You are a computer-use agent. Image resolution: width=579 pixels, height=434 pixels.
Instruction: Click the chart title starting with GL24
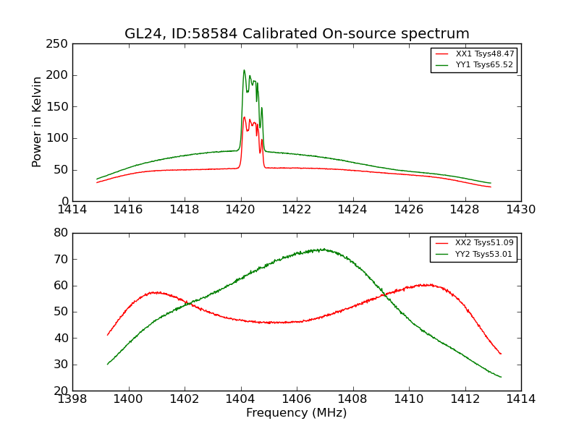(x=297, y=33)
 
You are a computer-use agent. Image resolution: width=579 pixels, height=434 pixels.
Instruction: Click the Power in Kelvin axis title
(x=37, y=122)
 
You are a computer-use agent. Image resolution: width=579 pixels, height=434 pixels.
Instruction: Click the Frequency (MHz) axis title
(x=297, y=413)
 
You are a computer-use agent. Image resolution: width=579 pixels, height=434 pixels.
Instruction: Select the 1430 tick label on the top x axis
(x=520, y=210)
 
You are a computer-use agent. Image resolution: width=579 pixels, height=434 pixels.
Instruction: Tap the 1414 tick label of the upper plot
(x=73, y=210)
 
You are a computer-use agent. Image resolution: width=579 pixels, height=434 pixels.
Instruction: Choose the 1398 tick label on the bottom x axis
(x=73, y=399)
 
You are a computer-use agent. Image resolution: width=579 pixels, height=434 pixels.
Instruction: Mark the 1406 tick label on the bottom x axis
(x=297, y=399)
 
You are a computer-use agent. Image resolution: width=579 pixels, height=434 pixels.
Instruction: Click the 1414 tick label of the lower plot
(x=520, y=399)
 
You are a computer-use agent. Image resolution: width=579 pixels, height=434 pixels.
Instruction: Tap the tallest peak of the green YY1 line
(x=244, y=70)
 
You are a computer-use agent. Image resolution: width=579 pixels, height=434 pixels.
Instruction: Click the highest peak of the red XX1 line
(x=244, y=117)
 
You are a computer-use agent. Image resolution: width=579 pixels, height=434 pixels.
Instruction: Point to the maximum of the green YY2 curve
(x=319, y=250)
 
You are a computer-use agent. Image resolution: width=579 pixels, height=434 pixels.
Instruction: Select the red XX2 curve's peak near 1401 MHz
(x=154, y=292)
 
